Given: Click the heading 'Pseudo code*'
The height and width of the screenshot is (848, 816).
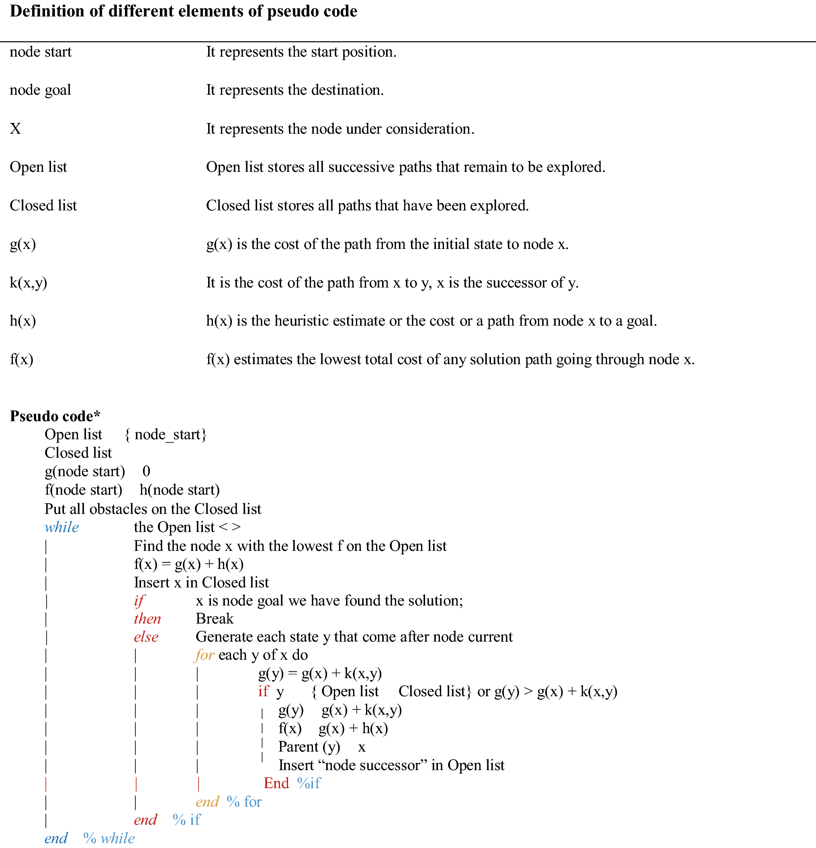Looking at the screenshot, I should point(55,416).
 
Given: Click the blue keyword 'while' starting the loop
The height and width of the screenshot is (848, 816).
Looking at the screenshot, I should point(62,528).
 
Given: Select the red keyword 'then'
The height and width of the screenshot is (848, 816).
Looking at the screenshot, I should point(147,619).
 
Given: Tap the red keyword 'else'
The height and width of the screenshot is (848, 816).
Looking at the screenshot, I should point(146,637).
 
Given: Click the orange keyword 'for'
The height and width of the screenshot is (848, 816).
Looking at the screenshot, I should point(204,655).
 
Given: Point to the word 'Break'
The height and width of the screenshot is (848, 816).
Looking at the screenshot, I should point(214,619).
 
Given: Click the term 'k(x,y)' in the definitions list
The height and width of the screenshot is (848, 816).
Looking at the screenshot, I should point(29,283).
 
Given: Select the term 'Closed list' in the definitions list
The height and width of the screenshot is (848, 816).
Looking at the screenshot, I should point(43,206).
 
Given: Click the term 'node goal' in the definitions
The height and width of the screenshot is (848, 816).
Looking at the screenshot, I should point(40,90).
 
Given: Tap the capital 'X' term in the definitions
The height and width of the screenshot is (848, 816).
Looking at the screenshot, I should point(16,128).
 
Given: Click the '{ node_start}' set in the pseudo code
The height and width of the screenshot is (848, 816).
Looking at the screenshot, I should point(166,434).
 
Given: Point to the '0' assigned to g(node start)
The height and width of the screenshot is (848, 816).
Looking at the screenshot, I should point(146,471).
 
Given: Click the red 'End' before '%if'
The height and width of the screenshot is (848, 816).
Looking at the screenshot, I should point(276,783).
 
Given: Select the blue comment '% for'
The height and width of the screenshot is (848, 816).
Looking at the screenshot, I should point(244,802).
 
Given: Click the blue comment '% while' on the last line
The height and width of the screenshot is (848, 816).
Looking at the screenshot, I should point(109,838).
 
